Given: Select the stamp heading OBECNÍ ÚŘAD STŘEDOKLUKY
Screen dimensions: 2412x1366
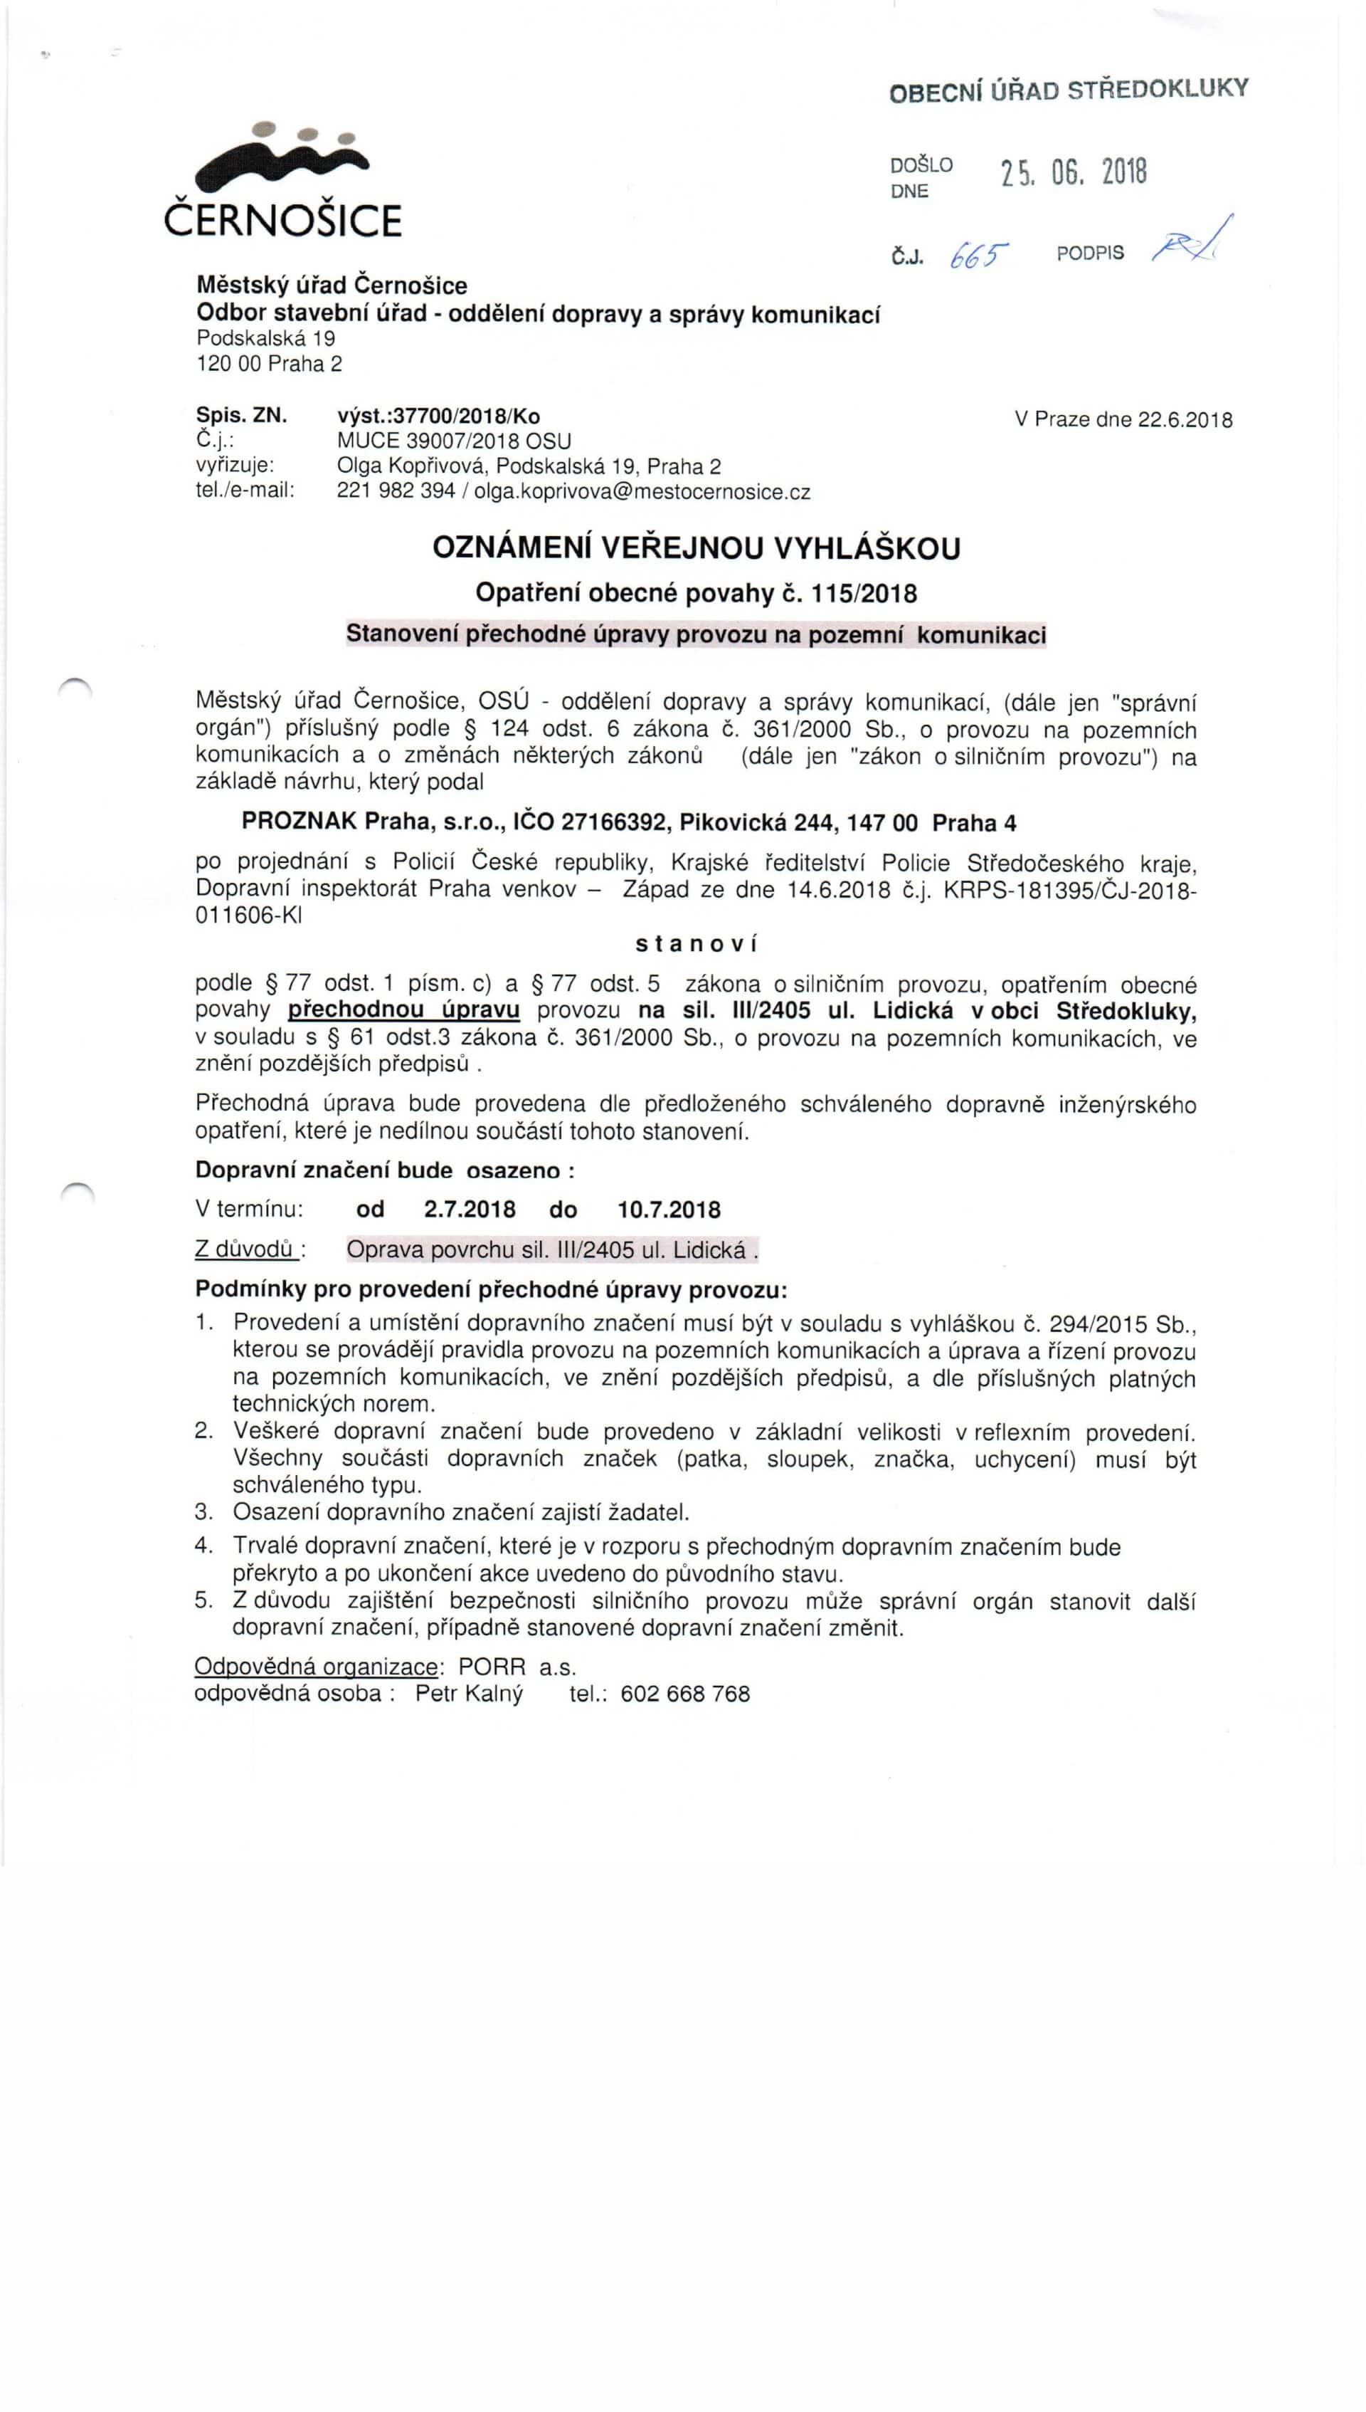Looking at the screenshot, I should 1069,91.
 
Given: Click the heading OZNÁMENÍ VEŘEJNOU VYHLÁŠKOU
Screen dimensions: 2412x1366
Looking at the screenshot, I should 696,548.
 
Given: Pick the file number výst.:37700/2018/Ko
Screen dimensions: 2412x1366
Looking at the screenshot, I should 438,416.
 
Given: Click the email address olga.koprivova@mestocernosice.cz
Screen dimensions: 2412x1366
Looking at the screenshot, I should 642,492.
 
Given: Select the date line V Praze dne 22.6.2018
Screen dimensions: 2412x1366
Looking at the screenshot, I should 1123,419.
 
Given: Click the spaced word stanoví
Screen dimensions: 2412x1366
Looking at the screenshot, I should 696,944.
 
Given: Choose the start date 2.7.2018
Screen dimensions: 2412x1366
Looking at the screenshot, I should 469,1210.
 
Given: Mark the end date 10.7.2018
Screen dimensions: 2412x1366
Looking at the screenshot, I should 669,1210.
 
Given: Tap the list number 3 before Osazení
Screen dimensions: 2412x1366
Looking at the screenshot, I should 203,1512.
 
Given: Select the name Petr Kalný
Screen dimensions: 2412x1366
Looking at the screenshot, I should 469,1694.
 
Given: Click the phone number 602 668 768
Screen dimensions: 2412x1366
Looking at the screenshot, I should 685,1694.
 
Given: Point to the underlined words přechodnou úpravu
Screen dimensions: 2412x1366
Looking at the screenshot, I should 403,1011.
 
